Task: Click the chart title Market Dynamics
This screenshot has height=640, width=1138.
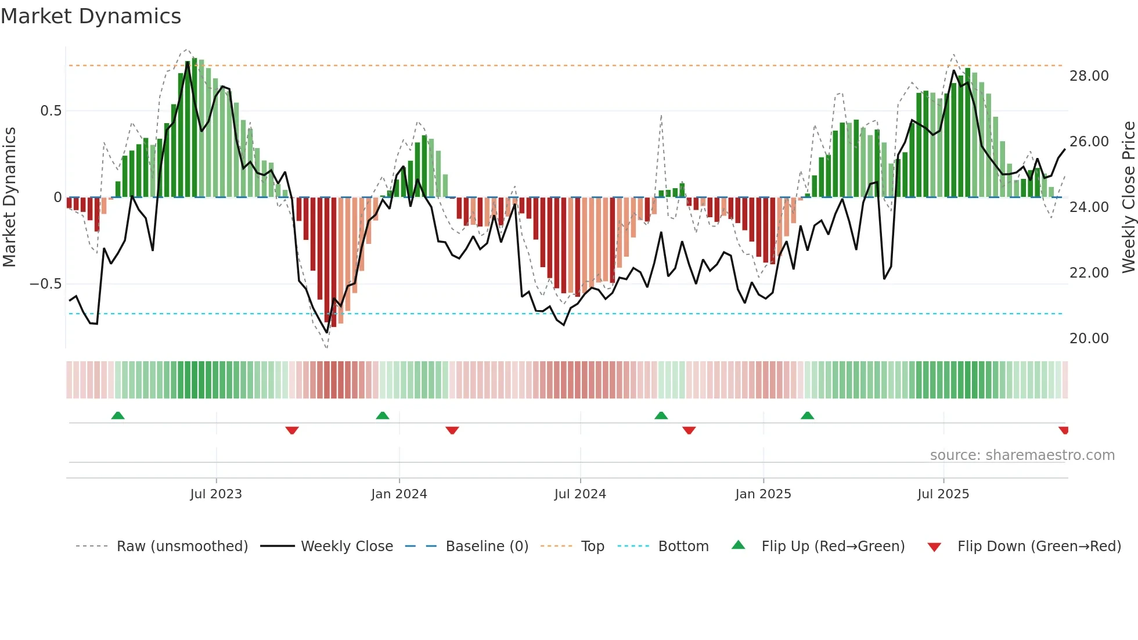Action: pos(91,16)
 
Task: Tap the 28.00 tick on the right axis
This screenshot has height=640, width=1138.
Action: pos(1089,76)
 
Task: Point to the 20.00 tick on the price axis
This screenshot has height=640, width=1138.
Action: pos(1089,339)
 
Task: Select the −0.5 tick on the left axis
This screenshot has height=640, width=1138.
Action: pos(45,284)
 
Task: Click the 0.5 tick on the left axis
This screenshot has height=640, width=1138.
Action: pos(51,111)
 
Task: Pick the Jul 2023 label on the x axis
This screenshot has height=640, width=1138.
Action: pos(215,494)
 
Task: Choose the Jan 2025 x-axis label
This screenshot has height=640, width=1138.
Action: pos(762,494)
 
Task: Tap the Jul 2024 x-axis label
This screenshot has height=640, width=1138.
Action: pos(579,494)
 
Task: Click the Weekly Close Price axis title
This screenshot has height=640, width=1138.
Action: pos(1128,197)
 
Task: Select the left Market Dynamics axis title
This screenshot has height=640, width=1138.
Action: pos(9,197)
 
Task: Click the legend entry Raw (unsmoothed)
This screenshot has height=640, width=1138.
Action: pos(182,546)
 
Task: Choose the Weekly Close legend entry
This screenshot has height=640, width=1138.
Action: pos(347,546)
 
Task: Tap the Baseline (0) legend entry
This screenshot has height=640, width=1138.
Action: pos(487,546)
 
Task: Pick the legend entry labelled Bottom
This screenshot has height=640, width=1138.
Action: pos(683,546)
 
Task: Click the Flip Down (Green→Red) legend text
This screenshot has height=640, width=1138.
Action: pos(1039,546)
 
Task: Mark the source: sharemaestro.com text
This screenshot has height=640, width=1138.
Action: pos(1022,455)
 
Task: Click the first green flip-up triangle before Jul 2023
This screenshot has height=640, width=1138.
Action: pos(118,416)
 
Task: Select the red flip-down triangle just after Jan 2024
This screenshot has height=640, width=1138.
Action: pos(452,430)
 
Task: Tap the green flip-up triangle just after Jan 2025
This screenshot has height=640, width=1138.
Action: pos(807,416)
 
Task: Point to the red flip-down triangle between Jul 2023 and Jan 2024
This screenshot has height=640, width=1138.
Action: pos(292,430)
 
